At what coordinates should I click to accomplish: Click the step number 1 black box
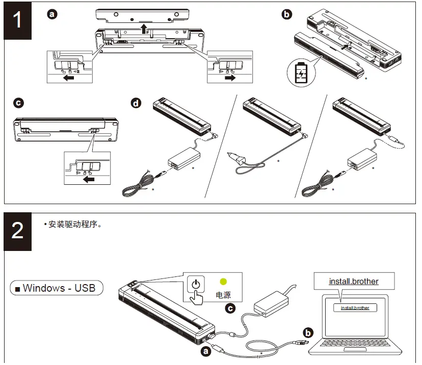[x=18, y=21]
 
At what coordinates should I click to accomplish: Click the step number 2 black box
[x=18, y=231]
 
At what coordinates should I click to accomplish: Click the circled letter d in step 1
[x=136, y=103]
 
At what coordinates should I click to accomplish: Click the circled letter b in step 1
[x=287, y=15]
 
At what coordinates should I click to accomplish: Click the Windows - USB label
[x=57, y=288]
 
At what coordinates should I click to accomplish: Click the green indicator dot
[x=223, y=281]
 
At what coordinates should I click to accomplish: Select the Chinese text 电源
[x=223, y=295]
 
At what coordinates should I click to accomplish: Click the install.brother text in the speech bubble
[x=354, y=281]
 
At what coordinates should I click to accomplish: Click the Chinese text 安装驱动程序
[x=74, y=224]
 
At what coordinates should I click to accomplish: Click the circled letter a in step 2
[x=205, y=351]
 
